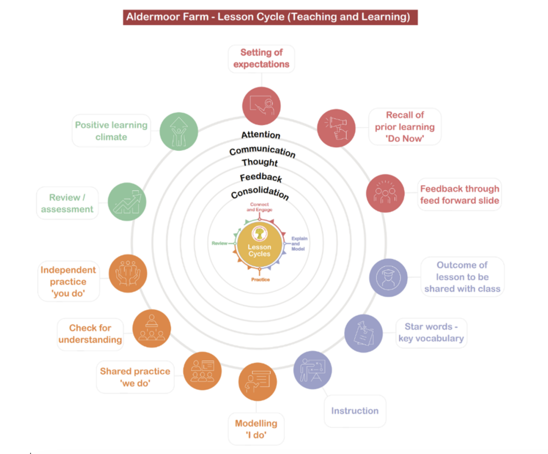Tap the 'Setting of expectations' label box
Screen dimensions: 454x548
pyautogui.click(x=261, y=59)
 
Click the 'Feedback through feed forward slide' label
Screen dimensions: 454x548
pyautogui.click(x=459, y=195)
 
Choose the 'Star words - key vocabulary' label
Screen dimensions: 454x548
pyautogui.click(x=431, y=333)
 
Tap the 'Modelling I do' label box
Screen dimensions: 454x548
pyautogui.click(x=256, y=429)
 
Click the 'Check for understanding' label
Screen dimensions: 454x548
pyautogui.click(x=90, y=334)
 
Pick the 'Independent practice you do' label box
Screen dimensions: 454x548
pyautogui.click(x=68, y=282)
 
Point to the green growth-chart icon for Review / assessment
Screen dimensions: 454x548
pyautogui.click(x=127, y=201)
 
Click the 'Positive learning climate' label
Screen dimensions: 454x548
pyautogui.click(x=111, y=131)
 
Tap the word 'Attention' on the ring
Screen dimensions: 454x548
pyautogui.click(x=261, y=134)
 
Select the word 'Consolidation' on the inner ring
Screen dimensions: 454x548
pyautogui.click(x=260, y=194)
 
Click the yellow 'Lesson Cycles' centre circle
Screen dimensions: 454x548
pyautogui.click(x=260, y=247)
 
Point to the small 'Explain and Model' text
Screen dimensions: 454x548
pyautogui.click(x=299, y=244)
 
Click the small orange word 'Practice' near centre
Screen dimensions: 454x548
pyautogui.click(x=260, y=280)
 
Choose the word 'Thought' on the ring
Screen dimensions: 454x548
pyautogui.click(x=260, y=162)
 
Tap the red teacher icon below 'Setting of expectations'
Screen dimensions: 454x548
pyautogui.click(x=261, y=106)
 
